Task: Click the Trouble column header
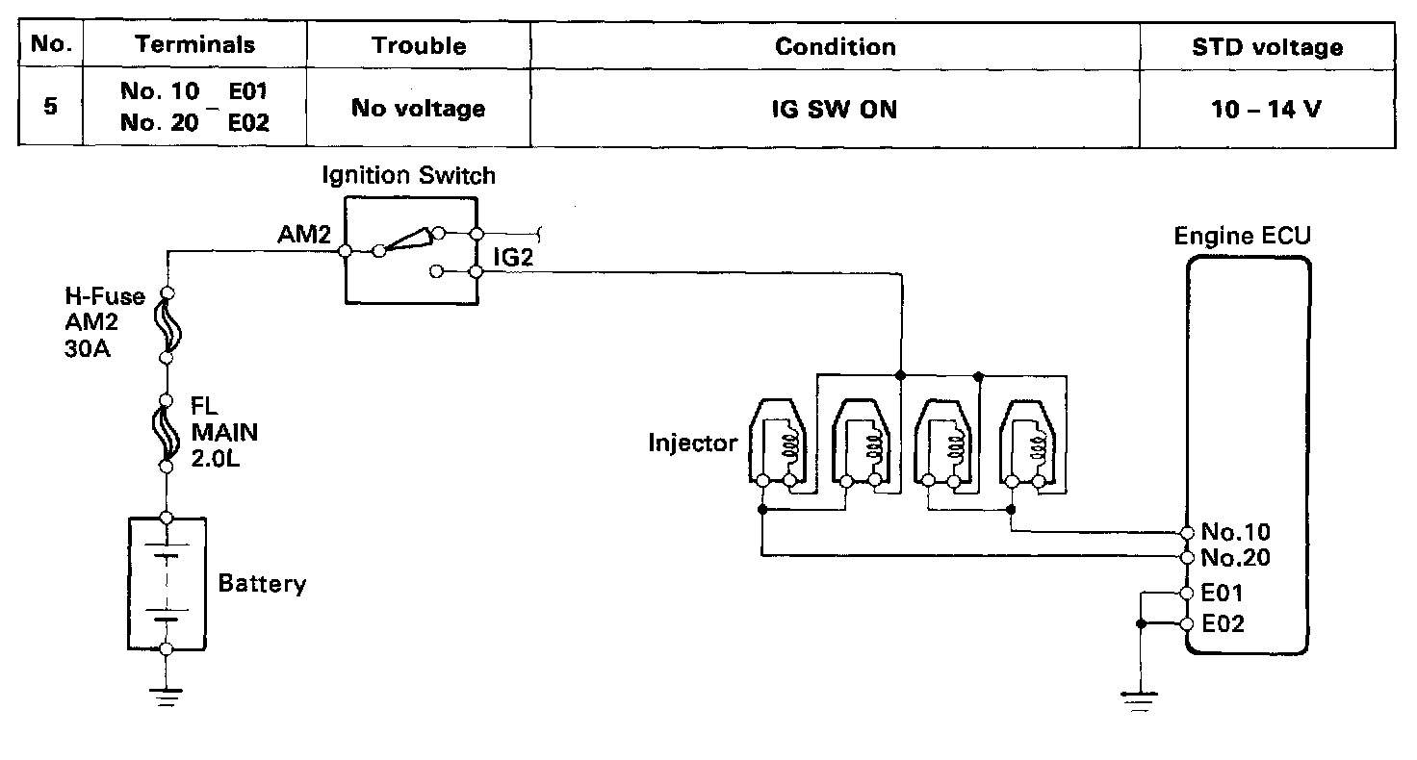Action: pos(419,46)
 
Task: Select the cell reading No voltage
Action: pos(418,109)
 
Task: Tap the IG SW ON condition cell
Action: pos(835,109)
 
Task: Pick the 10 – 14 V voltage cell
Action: pos(1267,109)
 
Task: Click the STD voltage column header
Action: pos(1267,47)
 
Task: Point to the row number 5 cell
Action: pos(50,106)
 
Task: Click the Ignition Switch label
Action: pos(409,175)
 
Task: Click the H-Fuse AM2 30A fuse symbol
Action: pos(167,325)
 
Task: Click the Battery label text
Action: pos(262,584)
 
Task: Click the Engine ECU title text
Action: pos(1242,237)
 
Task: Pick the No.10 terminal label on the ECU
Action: pos(1235,532)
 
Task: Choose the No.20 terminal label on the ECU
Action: pos(1235,558)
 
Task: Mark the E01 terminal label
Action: pos(1223,594)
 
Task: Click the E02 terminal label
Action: pos(1223,624)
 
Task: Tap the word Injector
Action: pos(692,443)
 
